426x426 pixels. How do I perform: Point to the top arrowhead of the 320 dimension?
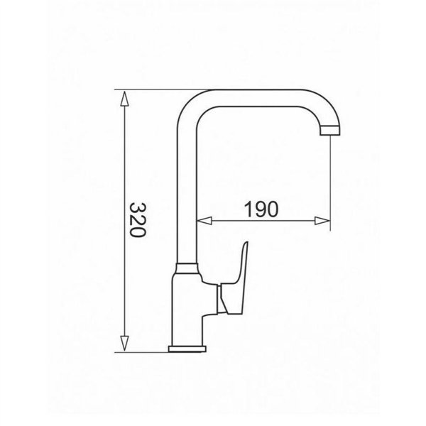124,96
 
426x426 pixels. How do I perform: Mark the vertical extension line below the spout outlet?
332,185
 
